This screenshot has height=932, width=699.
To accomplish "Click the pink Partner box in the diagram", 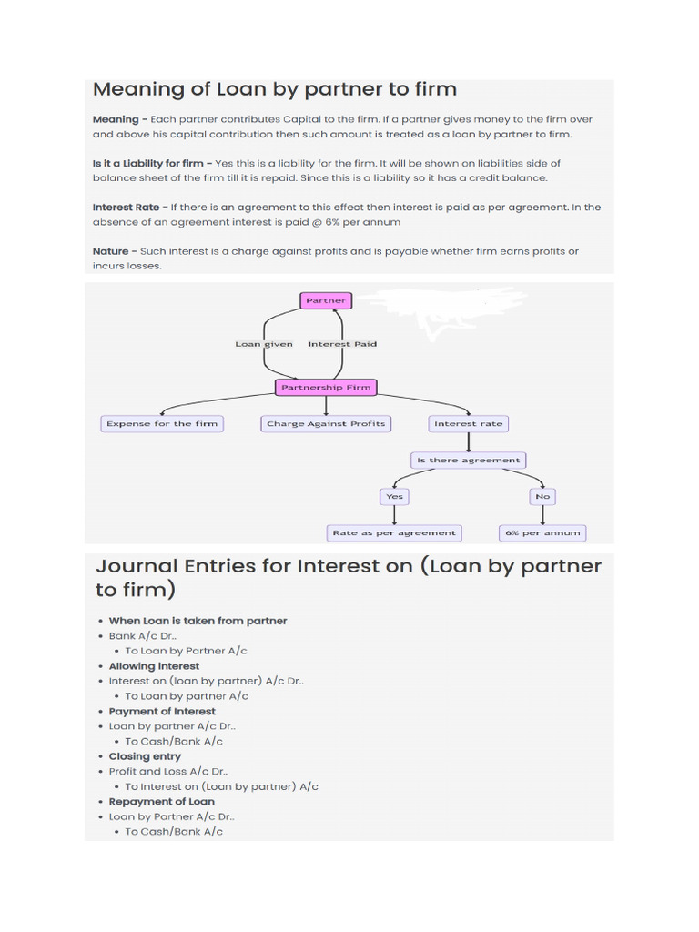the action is [326, 300].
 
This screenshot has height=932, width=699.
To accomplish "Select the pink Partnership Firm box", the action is [326, 388].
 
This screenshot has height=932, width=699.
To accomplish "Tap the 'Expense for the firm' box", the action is [162, 423].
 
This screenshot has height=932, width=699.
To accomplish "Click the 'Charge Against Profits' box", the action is [326, 423].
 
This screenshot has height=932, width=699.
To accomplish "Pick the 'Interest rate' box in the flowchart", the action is [468, 423].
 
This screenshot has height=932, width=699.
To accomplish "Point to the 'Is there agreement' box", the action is [468, 461].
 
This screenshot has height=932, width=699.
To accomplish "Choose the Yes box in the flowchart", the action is [394, 497].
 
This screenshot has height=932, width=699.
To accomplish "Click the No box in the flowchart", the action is [542, 497].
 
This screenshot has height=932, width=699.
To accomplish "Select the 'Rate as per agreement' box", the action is [394, 532].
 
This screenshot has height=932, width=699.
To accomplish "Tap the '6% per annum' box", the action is [542, 532].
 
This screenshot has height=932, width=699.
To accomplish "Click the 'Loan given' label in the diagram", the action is [264, 344].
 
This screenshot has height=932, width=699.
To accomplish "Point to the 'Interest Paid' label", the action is [342, 344].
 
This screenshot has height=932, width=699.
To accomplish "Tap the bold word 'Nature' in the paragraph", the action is [110, 251].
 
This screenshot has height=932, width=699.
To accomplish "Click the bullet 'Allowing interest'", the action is [154, 666].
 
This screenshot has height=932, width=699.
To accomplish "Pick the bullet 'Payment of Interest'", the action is [162, 711].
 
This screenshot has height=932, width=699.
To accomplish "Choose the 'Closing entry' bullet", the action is [145, 756].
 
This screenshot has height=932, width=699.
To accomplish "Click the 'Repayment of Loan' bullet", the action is [162, 802].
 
